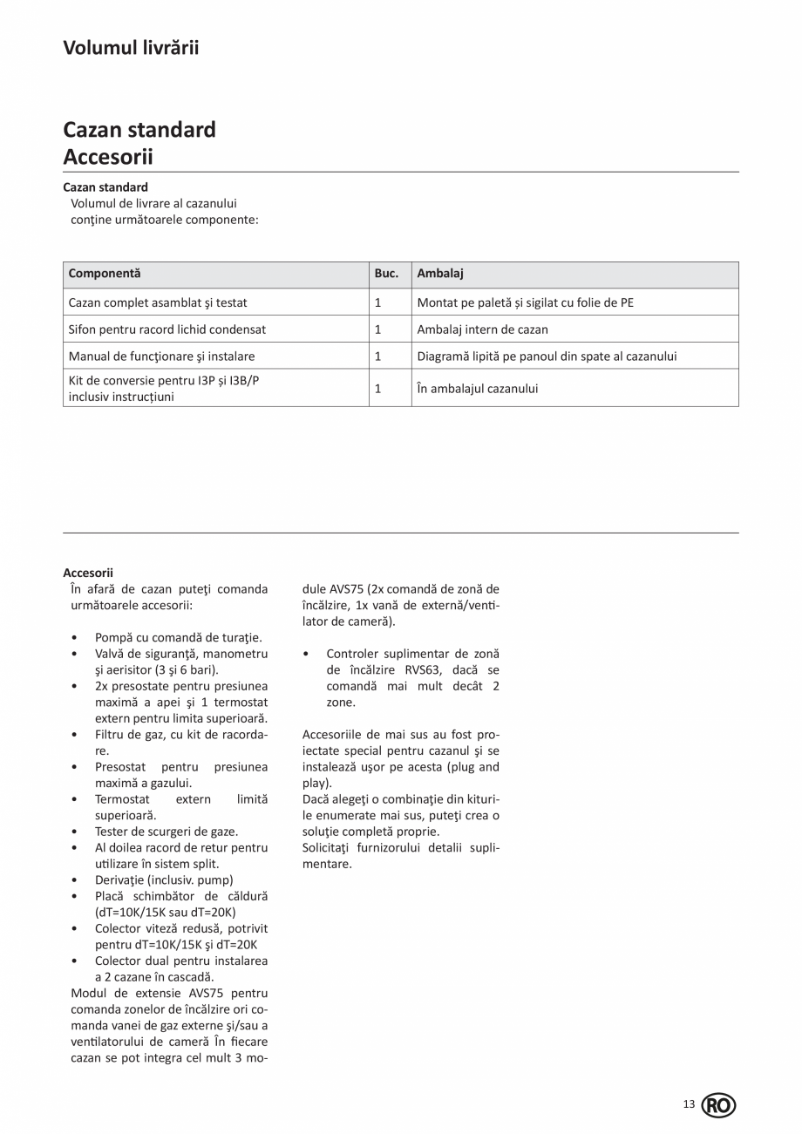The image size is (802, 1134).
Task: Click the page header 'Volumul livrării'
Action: [131, 48]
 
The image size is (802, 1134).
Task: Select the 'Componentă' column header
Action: [105, 274]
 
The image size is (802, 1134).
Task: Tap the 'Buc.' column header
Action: [386, 274]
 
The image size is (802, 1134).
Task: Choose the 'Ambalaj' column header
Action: [440, 274]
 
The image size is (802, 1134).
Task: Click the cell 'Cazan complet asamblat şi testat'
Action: [158, 302]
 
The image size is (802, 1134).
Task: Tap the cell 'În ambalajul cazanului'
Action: [477, 389]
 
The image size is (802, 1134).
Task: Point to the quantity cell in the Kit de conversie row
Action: [378, 389]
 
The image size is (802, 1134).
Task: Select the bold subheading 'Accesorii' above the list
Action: [88, 573]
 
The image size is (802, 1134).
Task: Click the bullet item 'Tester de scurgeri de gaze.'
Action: [167, 832]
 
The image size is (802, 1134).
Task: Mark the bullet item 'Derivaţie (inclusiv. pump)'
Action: [164, 880]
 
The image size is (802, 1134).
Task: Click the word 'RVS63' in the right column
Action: [423, 670]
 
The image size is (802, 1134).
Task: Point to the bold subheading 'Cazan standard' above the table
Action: [105, 187]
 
